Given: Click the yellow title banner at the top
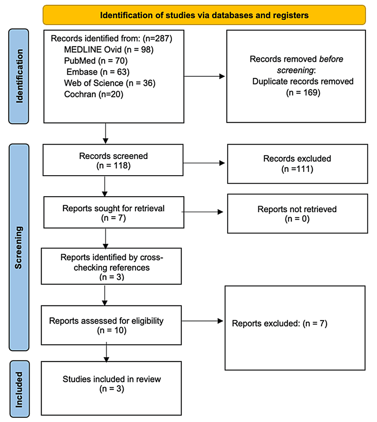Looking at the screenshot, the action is tap(204, 15).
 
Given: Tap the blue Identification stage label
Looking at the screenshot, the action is tap(19, 77).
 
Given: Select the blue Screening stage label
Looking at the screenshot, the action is tap(19, 247).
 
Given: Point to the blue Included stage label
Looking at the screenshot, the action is tap(19, 389).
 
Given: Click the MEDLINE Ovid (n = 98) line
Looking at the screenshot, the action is tap(109, 50).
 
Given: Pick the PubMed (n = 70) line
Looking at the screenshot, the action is tap(96, 61).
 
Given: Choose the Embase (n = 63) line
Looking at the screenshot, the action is tap(98, 72).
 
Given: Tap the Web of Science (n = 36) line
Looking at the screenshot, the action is tap(110, 83).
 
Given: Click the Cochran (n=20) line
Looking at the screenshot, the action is tap(94, 95).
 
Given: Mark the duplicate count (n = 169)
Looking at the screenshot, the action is tap(303, 93).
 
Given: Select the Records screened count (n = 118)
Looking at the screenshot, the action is tap(114, 166).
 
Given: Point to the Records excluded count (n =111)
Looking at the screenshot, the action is tap(297, 169).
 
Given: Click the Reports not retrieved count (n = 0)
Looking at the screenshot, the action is tap(297, 218).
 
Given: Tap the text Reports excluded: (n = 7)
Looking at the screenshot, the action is tap(279, 323).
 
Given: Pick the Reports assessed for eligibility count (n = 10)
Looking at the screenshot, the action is tap(112, 330).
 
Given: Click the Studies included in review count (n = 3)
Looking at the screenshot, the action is tap(112, 389).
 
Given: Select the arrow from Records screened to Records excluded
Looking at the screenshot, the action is tap(204, 163).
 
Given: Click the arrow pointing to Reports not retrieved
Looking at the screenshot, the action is tap(203, 212).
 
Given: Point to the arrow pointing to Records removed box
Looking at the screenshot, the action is tap(204, 77).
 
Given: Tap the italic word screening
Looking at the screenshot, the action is tap(295, 70).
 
